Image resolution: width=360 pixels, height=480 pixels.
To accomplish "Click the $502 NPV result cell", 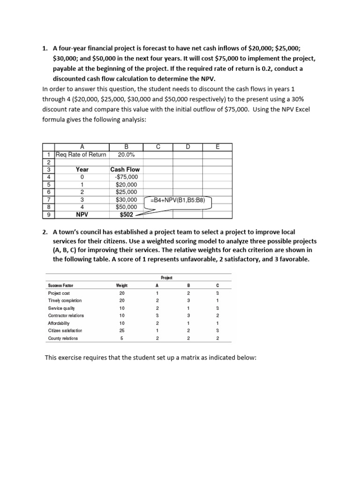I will tap(126, 215).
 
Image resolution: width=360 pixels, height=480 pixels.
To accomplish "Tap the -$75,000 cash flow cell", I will tap(126, 177).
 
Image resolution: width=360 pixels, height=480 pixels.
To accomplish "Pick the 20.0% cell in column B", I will tap(126, 155).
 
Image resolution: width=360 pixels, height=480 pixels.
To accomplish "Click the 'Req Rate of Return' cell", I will tap(81, 155).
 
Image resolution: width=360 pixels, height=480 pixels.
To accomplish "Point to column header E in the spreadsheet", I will tap(217, 147).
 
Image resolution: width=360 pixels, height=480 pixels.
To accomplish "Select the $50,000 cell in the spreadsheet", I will tap(126, 207).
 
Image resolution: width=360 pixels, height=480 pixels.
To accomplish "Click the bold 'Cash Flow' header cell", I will tap(125, 170).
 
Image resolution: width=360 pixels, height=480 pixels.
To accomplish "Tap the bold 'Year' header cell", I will tap(82, 170).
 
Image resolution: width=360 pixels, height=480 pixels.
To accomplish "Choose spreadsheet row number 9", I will tap(49, 215).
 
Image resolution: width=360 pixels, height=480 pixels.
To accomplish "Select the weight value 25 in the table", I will tap(121, 330).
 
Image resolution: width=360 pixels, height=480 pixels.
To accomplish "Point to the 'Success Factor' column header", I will tap(61, 285).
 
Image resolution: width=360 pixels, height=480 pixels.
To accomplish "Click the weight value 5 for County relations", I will tap(121, 338).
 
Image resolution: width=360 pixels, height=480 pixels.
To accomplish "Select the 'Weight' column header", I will tap(121, 285).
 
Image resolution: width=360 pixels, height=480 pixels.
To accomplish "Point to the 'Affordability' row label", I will tap(59, 323).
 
